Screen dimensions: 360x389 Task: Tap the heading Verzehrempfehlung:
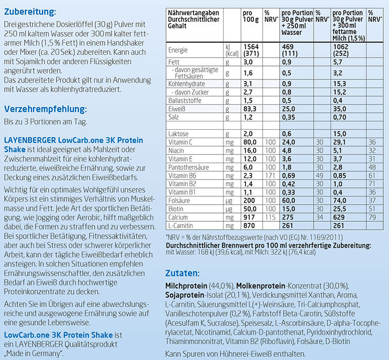45,109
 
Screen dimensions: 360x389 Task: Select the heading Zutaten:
182,273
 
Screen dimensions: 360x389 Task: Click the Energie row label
179,50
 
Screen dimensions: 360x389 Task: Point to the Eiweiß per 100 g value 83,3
250,109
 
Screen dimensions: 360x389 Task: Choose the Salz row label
174,117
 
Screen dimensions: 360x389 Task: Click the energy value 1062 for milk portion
342,46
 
